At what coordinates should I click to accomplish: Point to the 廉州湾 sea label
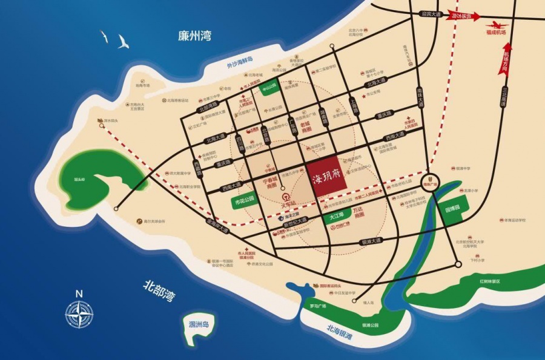click(194, 36)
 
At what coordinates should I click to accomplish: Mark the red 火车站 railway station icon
click(286, 197)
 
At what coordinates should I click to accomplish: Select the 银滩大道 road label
click(371, 241)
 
